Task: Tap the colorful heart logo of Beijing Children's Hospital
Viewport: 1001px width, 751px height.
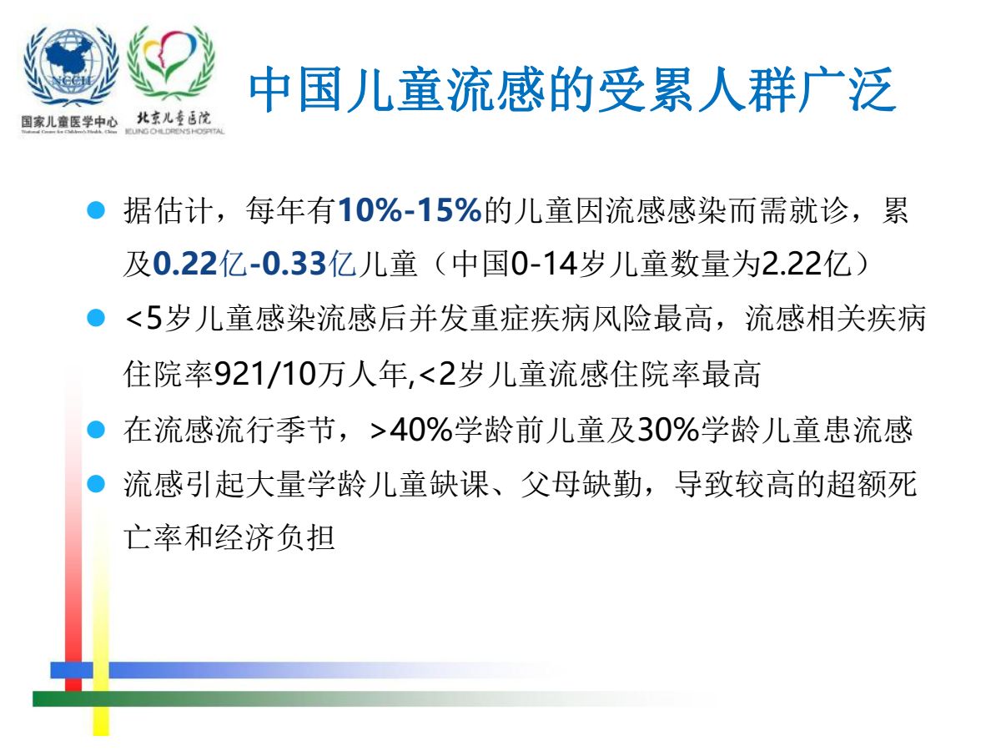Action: point(171,62)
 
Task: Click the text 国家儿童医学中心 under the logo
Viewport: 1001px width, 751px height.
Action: point(69,121)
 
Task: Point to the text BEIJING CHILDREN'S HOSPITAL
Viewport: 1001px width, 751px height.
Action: point(175,131)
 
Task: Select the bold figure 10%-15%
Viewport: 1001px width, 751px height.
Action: point(410,210)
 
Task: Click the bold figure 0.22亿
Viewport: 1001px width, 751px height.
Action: point(199,264)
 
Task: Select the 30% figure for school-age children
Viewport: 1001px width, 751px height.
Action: point(668,430)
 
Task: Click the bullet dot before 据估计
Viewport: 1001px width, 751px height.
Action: point(96,210)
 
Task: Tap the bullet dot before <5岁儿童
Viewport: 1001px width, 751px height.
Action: point(96,318)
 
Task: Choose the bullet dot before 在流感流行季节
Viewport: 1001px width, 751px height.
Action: point(96,430)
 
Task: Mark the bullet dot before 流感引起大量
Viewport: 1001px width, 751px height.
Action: point(96,484)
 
